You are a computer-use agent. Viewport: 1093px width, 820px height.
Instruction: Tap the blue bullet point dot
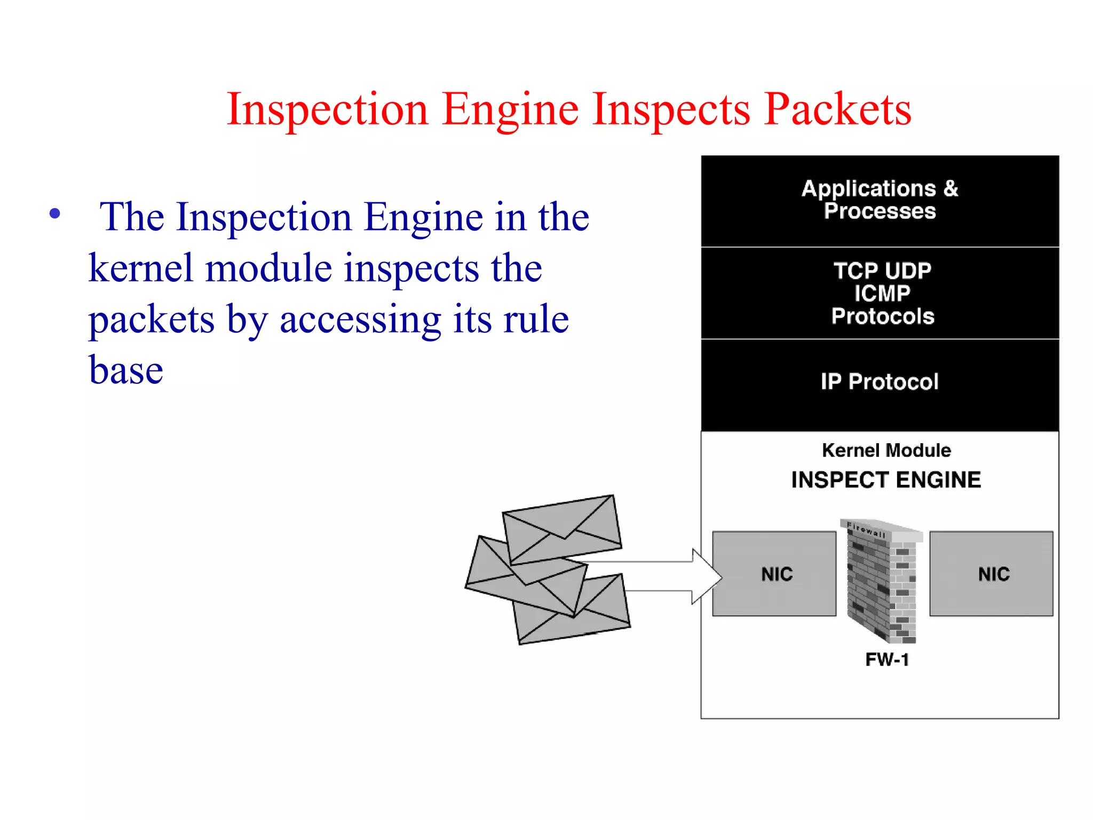pos(54,214)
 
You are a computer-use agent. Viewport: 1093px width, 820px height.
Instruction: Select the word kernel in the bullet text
pos(140,269)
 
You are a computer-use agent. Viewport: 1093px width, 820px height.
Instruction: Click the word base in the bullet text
pos(126,370)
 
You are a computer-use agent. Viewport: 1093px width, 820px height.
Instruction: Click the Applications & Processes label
pos(880,200)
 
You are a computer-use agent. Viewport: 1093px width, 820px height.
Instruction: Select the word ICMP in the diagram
pos(882,293)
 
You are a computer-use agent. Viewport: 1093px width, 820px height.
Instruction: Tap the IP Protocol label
pos(880,382)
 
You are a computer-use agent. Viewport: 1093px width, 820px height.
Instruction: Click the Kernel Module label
pos(886,451)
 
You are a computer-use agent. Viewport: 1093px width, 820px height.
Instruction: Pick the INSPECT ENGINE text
pos(886,480)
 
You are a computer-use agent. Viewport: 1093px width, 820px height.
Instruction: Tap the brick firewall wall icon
pos(881,582)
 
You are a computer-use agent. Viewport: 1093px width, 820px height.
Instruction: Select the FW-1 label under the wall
pos(886,660)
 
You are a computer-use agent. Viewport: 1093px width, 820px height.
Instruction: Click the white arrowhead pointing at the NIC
pos(706,577)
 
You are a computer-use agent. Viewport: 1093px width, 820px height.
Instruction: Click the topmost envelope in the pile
pos(562,529)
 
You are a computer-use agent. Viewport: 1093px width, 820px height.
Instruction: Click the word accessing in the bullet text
pos(360,319)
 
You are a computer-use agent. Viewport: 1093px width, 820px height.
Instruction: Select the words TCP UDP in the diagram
pos(882,271)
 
